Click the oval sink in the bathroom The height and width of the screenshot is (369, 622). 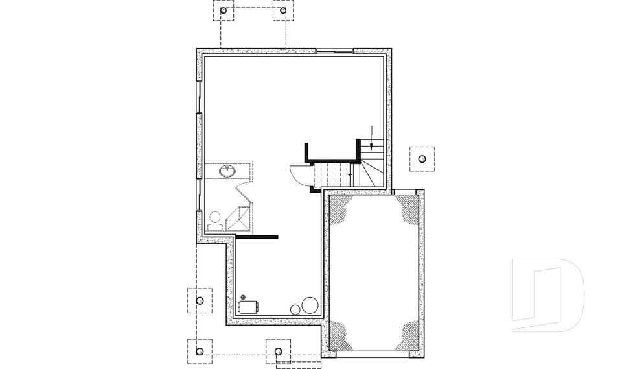click(x=227, y=171)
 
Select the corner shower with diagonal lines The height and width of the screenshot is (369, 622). click(x=239, y=219)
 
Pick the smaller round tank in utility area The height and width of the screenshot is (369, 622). click(x=295, y=310)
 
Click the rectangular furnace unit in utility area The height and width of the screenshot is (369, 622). click(x=248, y=307)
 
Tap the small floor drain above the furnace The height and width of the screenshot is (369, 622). click(x=243, y=296)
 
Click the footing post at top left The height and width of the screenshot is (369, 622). click(x=224, y=11)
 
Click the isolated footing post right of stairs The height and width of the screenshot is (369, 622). click(x=422, y=159)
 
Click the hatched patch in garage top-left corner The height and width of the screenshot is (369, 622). click(x=342, y=209)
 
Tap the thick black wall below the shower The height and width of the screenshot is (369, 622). click(x=257, y=237)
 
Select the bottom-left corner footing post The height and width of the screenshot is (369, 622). click(x=200, y=351)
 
